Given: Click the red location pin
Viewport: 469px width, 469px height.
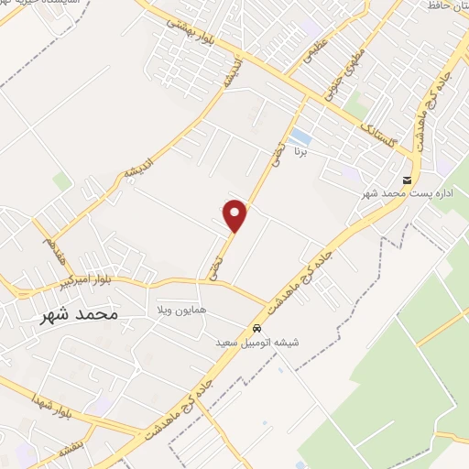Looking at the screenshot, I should point(235,214).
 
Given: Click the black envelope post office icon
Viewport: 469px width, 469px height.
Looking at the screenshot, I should point(407,179).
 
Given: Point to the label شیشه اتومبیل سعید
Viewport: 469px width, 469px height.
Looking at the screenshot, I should point(271,343).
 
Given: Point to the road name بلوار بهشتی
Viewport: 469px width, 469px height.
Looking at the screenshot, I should point(195,36).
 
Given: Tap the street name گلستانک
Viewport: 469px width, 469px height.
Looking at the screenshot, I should point(379,128).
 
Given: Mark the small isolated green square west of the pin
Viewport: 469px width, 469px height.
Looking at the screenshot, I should point(61,181).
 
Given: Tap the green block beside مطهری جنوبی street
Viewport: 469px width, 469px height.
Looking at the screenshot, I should point(355,107).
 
